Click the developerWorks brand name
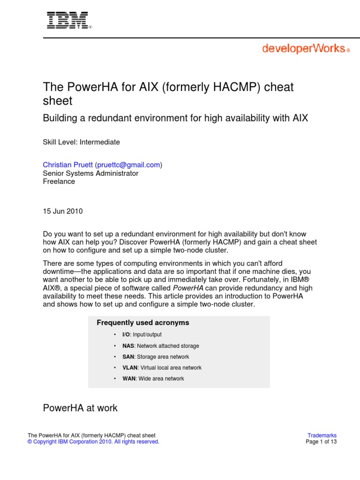[304, 49]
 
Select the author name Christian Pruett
[68, 165]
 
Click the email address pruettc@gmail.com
[129, 165]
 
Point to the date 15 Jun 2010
[63, 211]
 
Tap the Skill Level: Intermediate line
[82, 142]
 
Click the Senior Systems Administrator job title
[90, 173]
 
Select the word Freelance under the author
[59, 181]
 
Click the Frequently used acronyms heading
[142, 322]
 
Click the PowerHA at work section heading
[80, 408]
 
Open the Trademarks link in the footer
[322, 435]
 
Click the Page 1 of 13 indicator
[321, 442]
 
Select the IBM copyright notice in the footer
[94, 442]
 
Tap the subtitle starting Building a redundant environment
[175, 118]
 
